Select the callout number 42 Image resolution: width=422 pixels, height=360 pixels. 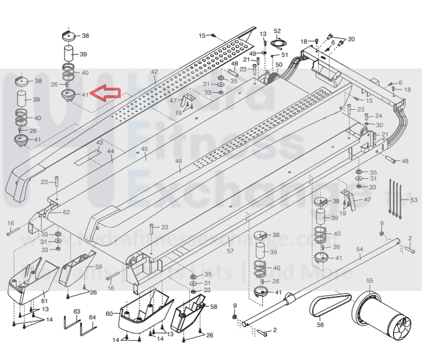(154, 72)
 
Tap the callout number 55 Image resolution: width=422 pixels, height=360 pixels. (370, 281)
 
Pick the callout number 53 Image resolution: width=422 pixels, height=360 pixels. (413, 200)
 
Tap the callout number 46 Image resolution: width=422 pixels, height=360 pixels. (178, 161)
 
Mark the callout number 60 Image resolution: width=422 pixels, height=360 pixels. (109, 313)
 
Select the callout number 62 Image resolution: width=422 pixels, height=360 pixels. (66, 212)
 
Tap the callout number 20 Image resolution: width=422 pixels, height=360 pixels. (351, 39)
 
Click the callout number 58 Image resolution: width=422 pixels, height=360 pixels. (213, 306)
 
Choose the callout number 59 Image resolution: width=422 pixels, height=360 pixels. (98, 267)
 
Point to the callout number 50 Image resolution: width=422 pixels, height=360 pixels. (278, 65)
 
